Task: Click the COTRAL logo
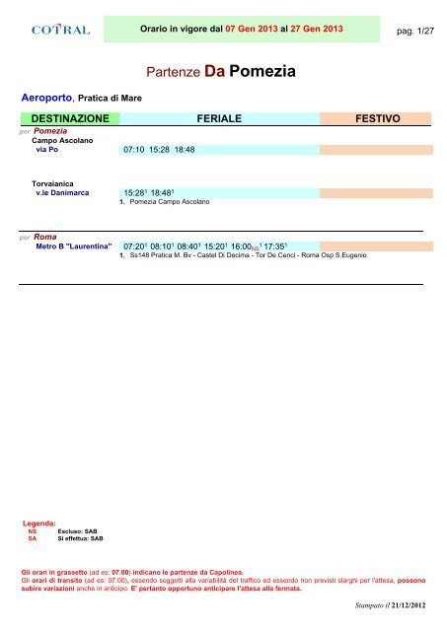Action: point(61,31)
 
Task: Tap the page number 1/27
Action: point(415,32)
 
